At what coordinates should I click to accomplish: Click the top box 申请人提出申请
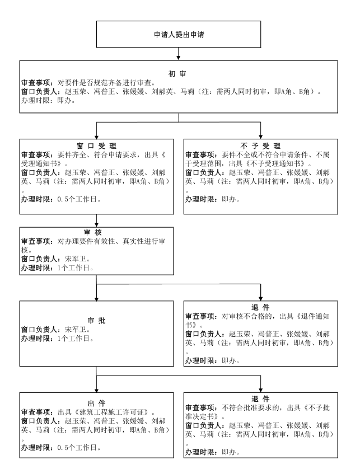(x=179, y=34)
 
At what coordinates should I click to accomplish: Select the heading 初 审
(x=177, y=74)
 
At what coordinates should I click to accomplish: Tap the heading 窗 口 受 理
(x=96, y=146)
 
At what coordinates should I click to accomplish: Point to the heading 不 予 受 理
(x=260, y=146)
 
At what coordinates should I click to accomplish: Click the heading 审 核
(x=93, y=232)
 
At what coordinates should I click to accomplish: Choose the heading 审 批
(x=96, y=321)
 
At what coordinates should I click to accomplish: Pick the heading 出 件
(x=96, y=403)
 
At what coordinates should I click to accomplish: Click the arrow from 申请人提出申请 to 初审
(x=179, y=54)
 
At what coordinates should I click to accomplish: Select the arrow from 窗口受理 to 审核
(x=96, y=220)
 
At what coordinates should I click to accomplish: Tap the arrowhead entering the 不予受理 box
(x=260, y=137)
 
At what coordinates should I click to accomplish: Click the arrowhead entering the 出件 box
(x=96, y=390)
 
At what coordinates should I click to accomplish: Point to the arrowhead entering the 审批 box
(x=96, y=299)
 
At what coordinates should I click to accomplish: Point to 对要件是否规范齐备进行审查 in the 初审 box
(x=104, y=83)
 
